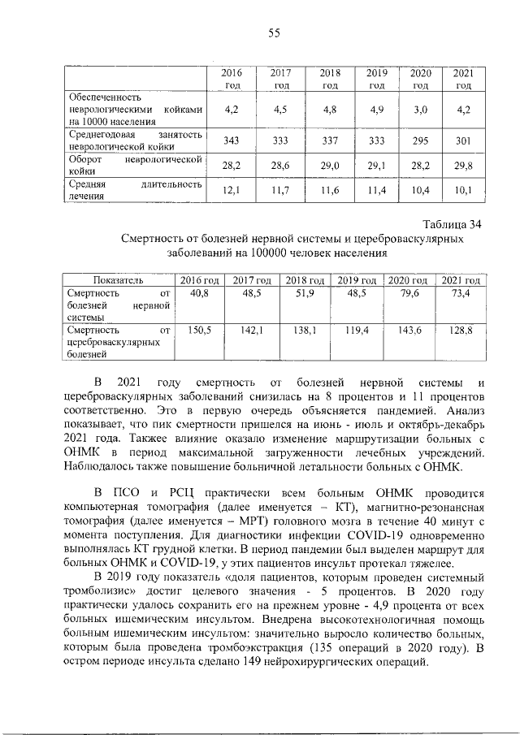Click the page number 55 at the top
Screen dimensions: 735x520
pos(274,32)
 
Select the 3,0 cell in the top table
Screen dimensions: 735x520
pos(420,109)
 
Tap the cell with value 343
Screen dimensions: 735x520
pos(232,141)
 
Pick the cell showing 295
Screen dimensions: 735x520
pos(420,141)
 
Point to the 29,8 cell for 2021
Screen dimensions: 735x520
pos(463,166)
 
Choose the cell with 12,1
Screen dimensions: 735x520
pos(232,191)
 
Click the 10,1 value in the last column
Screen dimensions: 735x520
pos(463,191)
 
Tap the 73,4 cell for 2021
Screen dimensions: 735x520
pos(461,293)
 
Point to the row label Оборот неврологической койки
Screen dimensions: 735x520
pos(133,166)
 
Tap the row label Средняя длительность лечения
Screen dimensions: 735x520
pos(133,191)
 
